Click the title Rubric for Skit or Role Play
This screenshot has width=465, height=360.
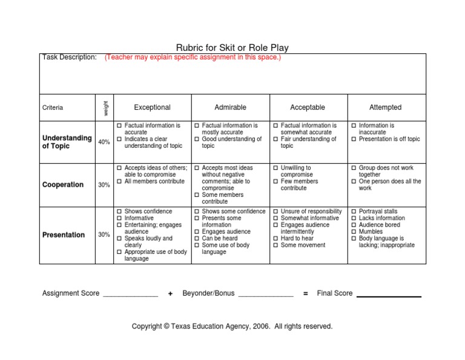pos(232,47)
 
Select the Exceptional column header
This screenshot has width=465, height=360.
pos(152,107)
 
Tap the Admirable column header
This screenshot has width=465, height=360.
pos(230,107)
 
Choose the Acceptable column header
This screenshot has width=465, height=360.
pos(308,107)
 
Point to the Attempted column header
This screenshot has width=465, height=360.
pos(385,107)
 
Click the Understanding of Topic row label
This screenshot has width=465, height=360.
pos(67,142)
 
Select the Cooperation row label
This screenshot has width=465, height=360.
pos(63,185)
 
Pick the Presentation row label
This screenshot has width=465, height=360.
pos(64,235)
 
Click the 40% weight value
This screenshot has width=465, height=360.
pos(104,142)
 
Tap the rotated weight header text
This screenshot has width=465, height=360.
pos(105,107)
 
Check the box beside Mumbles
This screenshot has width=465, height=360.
pos(354,232)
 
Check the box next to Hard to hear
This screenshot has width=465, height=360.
pos(275,239)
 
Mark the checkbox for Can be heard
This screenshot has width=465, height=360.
pos(197,239)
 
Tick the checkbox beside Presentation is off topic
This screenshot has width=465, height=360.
pos(354,139)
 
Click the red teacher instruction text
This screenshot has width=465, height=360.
pos(193,58)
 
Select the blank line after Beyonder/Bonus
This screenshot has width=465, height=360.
pos(266,296)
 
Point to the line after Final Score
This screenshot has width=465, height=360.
pos(389,296)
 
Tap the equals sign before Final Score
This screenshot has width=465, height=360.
pos(305,293)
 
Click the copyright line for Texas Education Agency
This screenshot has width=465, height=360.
pos(232,326)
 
